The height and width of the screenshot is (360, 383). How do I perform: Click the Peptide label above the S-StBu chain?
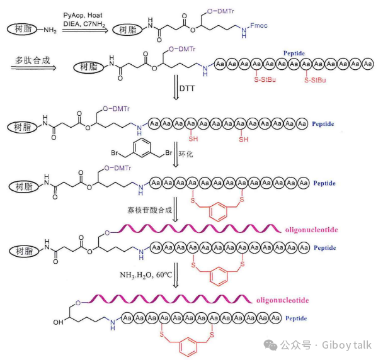tap(295, 53)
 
